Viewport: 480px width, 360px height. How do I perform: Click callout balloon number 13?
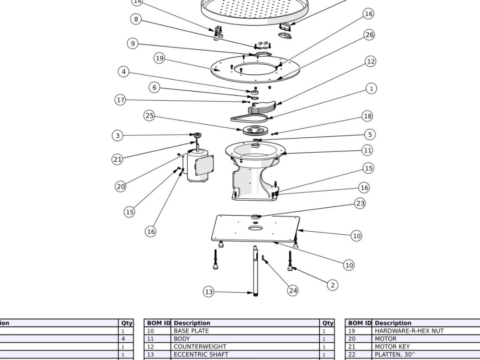(208, 292)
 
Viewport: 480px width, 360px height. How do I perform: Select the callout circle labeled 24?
(293, 290)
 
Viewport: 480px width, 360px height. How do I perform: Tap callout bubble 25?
(149, 116)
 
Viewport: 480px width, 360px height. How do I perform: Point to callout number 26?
(370, 35)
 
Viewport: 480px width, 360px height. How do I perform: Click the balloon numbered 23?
(360, 203)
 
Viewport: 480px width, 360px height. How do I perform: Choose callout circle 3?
(118, 136)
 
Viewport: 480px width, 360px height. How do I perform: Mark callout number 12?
(371, 61)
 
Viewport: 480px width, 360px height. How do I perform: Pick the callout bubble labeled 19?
(159, 59)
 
